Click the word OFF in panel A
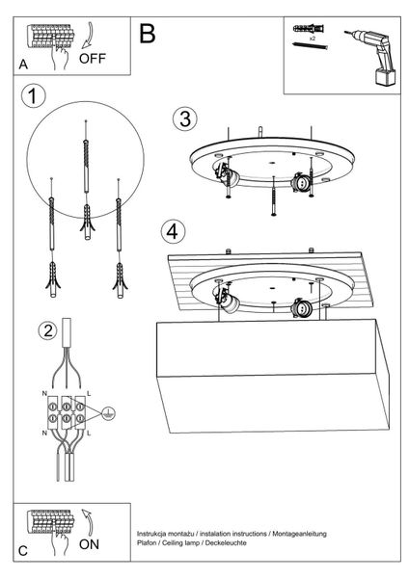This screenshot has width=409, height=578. (93, 57)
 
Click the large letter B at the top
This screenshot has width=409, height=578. (147, 34)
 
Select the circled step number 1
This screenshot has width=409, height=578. (35, 96)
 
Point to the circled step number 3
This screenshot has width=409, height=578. (184, 118)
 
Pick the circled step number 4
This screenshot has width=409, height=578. (172, 232)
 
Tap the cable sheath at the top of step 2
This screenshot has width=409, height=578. (68, 336)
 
